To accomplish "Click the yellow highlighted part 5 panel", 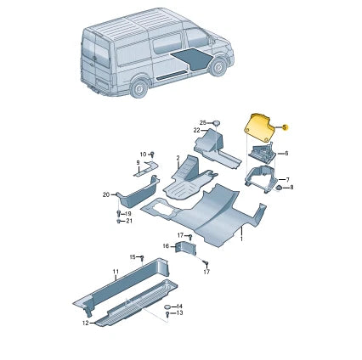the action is tap(258, 128).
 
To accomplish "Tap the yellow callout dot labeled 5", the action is tap(286, 127).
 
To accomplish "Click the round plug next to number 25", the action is tap(217, 123).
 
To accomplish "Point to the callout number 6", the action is tap(286, 154).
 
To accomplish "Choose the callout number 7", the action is tap(287, 180).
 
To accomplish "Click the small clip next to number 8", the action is tap(279, 188).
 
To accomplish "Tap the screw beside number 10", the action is tap(153, 155).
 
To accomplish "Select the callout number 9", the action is tap(138, 163).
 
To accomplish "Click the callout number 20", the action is tap(106, 194).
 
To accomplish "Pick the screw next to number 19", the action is tap(119, 213).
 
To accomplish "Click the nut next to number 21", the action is tap(119, 221).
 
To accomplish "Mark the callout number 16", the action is tap(166, 246).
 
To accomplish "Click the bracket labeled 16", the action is tap(185, 248).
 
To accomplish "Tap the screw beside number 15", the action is tap(143, 258).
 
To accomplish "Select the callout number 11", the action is tap(116, 272).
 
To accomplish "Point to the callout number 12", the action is tap(86, 323).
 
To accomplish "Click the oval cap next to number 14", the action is tap(168, 307).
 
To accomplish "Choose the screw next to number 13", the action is tap(167, 314).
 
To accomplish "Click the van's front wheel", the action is tap(218, 67).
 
